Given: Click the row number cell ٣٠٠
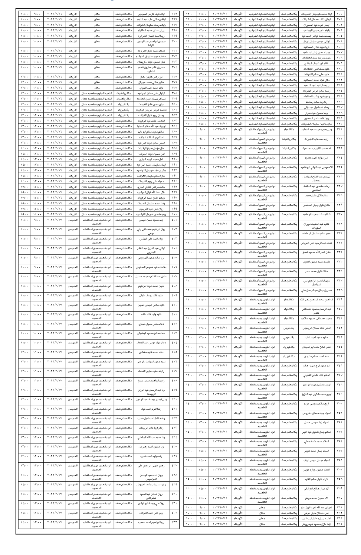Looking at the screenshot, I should pyautogui.click(x=340, y=14).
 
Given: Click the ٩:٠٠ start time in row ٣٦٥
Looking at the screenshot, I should pyautogui.click(x=37, y=14).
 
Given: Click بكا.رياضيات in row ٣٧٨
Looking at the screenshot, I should pyautogui.click(x=123, y=93).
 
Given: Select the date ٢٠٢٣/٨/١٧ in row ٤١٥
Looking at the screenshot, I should pyautogui.click(x=54, y=352).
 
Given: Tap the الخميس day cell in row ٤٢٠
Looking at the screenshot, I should pyautogui.click(x=73, y=399).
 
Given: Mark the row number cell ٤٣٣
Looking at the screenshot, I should pyautogui.click(x=174, y=522).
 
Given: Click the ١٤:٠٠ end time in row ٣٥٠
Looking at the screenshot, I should pyautogui.click(x=191, y=404).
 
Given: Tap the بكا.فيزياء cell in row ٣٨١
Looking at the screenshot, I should pyautogui.click(x=123, y=109).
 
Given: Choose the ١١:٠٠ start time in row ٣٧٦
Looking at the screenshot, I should pyautogui.click(x=37, y=82).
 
